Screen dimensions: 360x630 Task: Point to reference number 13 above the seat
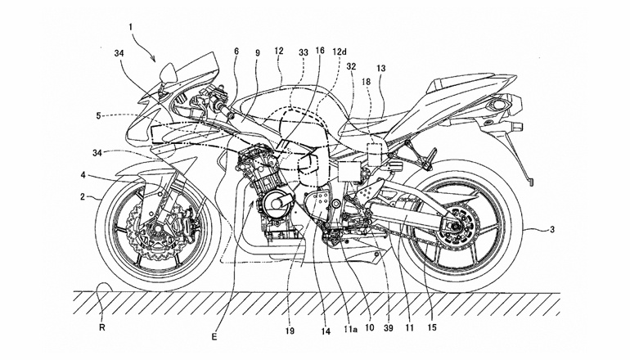click(x=380, y=69)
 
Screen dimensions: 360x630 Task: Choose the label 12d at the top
click(x=339, y=51)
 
